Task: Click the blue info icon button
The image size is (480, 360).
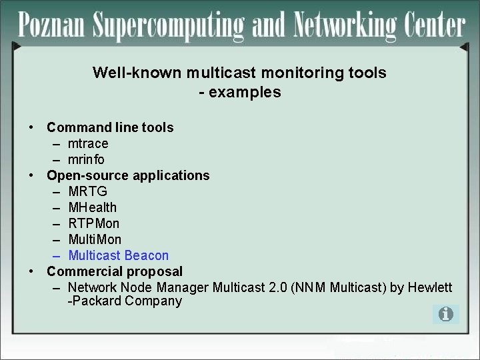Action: coord(445,314)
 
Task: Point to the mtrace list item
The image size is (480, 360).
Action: coord(88,143)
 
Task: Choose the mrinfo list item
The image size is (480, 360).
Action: coord(86,159)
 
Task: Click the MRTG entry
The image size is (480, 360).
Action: coord(87,191)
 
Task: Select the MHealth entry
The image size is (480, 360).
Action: coord(92,207)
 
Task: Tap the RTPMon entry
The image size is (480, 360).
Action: coord(94,223)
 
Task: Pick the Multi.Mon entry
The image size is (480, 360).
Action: coord(95,239)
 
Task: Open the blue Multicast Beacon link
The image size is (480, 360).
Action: coord(118,255)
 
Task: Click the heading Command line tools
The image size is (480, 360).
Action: coord(110,127)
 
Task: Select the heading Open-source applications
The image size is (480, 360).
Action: coord(128,175)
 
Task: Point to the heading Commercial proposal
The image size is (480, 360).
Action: coord(115,271)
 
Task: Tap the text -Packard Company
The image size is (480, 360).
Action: coord(125,301)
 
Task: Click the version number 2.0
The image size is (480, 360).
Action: coord(278,287)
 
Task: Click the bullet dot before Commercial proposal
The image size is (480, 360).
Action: coord(31,272)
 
